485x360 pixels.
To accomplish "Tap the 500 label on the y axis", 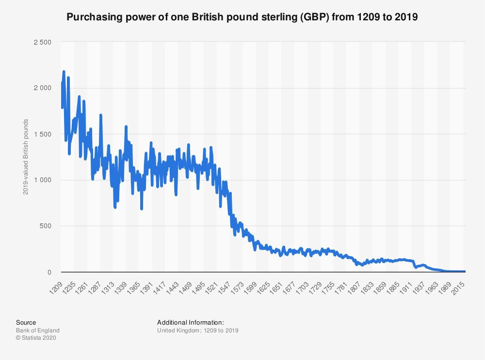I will tap(46, 226).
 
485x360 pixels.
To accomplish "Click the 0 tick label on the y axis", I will tap(49, 272).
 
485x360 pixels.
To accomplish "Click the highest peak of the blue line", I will tap(64, 72).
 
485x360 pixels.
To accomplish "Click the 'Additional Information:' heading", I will tap(191, 322).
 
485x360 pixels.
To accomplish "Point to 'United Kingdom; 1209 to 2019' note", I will tap(198, 330).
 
